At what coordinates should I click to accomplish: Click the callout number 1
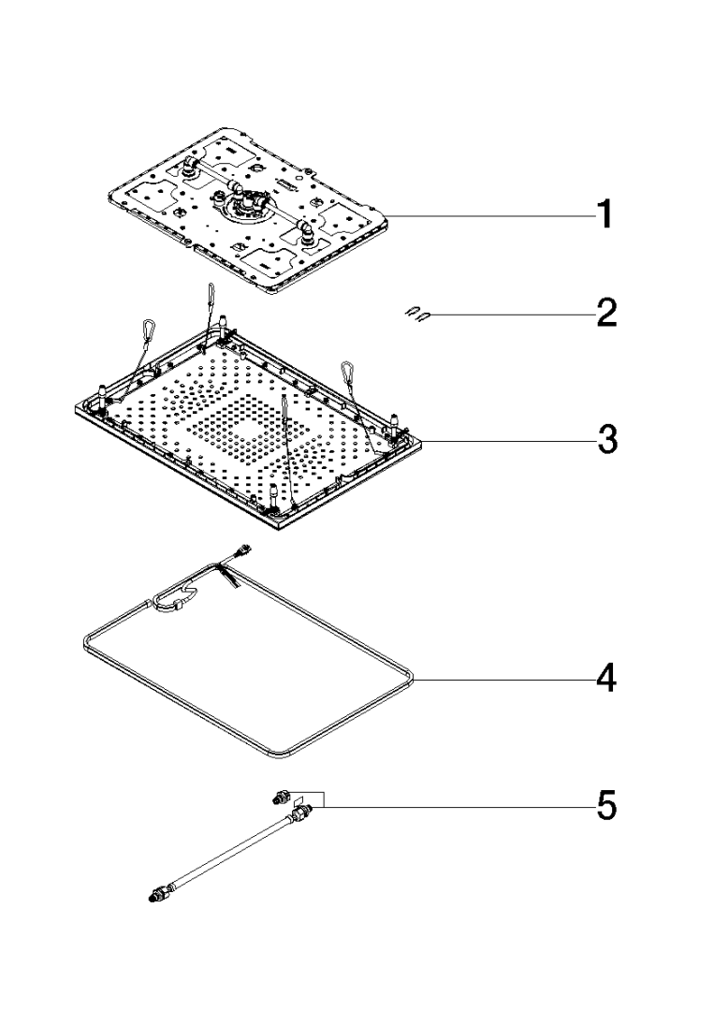[604, 213]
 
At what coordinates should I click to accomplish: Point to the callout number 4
[605, 678]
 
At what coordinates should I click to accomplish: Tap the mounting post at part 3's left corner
[102, 395]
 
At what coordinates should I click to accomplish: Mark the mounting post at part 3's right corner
[395, 423]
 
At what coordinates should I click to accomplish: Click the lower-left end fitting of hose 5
[157, 894]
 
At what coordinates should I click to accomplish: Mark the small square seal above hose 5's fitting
[299, 800]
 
